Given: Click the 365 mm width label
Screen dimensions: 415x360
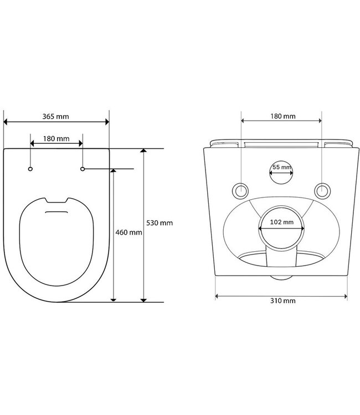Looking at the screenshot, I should point(55,117).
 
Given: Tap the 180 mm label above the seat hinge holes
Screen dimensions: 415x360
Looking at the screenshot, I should point(56,138).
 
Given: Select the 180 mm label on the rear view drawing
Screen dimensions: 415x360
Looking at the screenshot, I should point(282,116).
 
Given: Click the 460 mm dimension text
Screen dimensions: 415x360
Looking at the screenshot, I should point(128,232).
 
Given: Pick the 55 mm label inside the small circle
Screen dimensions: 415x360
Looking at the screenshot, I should point(281,167).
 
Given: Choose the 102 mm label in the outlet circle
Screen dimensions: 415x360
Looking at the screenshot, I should point(282,222).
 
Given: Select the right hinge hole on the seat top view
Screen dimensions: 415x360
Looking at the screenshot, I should point(83,168).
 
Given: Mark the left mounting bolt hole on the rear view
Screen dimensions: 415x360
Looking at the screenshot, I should point(242,189).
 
